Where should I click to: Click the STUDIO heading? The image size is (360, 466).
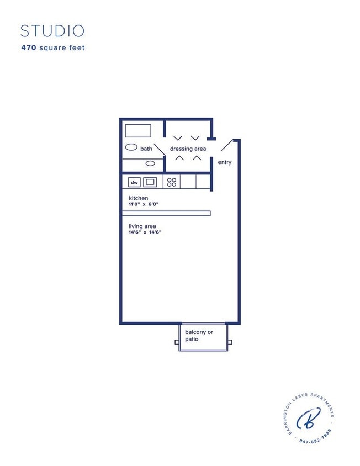[x=52, y=30]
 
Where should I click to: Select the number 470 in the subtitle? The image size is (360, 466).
[x=28, y=48]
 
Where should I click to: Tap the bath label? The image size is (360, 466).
[x=146, y=149]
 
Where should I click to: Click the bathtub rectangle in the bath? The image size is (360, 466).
[x=137, y=131]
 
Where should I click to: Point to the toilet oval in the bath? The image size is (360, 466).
[x=131, y=147]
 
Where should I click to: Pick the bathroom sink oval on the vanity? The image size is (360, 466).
[x=150, y=163]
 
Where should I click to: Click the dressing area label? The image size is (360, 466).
[x=188, y=149]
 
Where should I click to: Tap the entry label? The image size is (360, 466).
[x=225, y=162]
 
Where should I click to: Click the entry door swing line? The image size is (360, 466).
[x=227, y=145]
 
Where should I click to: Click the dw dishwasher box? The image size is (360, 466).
[x=134, y=182]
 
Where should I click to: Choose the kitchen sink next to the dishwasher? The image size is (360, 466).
[x=150, y=182]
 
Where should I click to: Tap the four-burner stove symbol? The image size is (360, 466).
[x=171, y=182]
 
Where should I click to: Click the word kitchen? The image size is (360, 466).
[x=138, y=198]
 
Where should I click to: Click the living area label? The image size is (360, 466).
[x=142, y=226]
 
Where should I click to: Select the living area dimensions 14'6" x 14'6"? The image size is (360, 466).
[x=145, y=232]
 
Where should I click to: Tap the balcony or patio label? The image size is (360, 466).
[x=198, y=335]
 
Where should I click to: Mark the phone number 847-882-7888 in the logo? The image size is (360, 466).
[x=315, y=439]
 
